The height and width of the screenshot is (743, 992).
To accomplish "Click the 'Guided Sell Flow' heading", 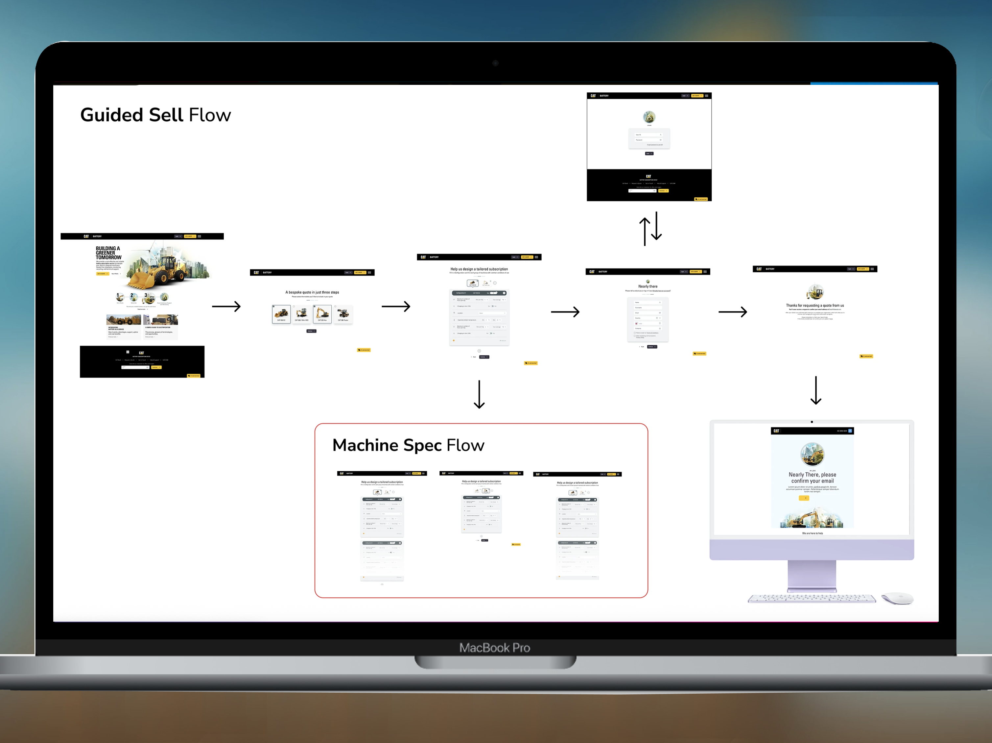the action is (x=155, y=115).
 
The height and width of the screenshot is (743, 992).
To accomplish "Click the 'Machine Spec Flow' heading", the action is (x=408, y=445).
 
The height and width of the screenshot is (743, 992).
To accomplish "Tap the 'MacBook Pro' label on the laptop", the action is (x=495, y=647).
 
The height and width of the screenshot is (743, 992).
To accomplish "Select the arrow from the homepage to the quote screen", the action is (x=226, y=307).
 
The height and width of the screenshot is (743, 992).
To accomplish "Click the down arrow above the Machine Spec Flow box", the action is (x=479, y=394).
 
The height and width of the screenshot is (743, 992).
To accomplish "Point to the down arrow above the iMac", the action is (x=816, y=390).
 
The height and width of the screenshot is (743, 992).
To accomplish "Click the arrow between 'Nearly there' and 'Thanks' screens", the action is (x=732, y=311).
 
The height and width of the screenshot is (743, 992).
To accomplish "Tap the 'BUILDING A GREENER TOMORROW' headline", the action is (x=108, y=253).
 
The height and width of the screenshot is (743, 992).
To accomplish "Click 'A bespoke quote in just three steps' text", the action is (x=312, y=292).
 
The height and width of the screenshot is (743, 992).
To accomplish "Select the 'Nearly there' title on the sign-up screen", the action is (x=648, y=286).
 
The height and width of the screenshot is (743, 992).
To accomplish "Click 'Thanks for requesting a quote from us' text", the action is (x=815, y=306).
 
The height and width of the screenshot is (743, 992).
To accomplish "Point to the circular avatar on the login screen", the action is (x=649, y=117).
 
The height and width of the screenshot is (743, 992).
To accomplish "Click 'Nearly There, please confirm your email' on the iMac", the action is (x=812, y=477).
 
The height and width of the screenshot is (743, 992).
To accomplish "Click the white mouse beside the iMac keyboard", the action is (x=897, y=598).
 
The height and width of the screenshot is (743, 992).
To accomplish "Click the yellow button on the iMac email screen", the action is (x=804, y=498).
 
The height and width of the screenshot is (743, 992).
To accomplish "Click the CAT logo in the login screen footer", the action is (x=648, y=176).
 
